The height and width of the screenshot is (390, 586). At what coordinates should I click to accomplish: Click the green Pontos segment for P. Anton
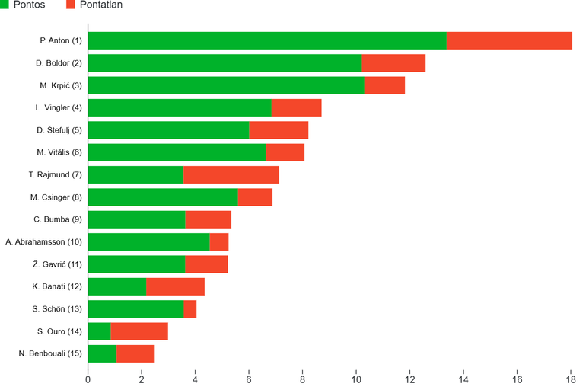pos(267,40)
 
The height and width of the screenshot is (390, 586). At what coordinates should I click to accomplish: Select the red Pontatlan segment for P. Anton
pos(509,40)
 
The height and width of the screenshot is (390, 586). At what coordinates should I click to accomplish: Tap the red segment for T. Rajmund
pos(231,174)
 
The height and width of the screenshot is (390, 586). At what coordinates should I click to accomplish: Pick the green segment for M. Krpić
pos(226,85)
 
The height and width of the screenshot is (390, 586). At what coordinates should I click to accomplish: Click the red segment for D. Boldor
pos(393,63)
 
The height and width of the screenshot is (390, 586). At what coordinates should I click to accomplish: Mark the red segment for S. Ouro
pos(139,331)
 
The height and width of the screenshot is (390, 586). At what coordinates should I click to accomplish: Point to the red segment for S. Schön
pos(190,309)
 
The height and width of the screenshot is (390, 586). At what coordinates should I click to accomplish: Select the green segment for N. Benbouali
pos(102,353)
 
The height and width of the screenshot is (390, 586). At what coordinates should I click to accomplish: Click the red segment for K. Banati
pos(175,286)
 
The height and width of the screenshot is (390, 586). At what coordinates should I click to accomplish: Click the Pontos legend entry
pos(23,5)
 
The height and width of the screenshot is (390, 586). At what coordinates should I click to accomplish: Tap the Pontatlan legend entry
pos(94,5)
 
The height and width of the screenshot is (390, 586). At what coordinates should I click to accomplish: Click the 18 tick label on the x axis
pos(571,379)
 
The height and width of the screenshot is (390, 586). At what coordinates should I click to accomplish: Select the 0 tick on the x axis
pos(88,379)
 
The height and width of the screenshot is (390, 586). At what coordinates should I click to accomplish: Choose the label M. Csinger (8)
pos(56,197)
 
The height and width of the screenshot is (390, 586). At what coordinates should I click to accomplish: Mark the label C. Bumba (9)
pos(58,219)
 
